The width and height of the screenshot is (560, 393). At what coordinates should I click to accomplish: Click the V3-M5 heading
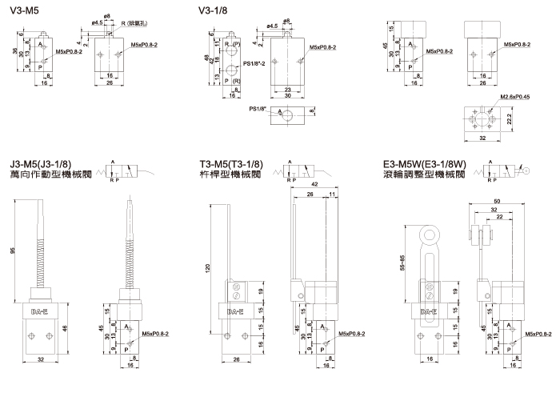click(23, 11)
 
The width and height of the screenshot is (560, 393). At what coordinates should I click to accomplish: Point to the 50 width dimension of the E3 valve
click(498, 200)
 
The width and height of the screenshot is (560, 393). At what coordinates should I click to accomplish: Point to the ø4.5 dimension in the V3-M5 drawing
click(98, 23)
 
